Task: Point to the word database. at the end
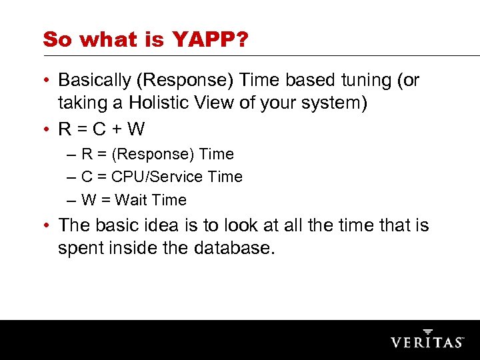tap(234, 248)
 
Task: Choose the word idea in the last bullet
tap(157, 225)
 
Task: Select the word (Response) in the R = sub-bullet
tap(153, 154)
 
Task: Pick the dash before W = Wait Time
tap(71, 200)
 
